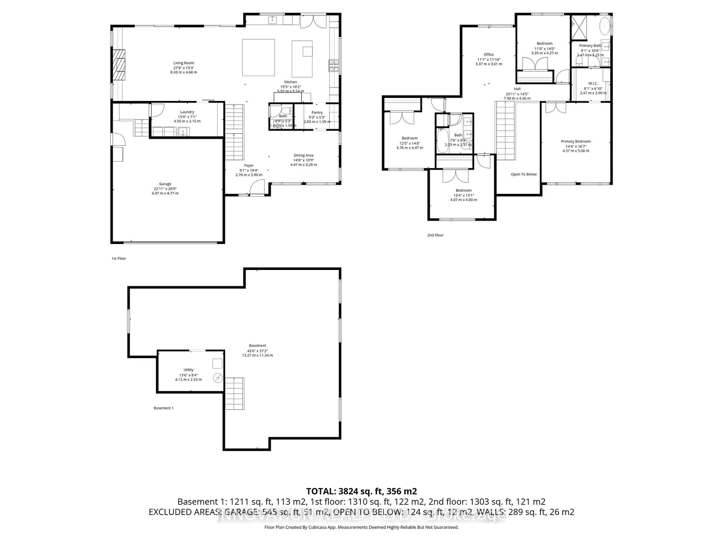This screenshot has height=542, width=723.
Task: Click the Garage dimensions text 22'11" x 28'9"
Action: point(165,189)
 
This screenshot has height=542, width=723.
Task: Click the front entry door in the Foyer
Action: point(257,189)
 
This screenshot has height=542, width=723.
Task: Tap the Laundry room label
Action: point(187,112)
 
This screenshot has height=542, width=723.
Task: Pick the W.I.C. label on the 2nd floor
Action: point(593,84)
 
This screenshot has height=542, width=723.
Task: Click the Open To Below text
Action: point(524,174)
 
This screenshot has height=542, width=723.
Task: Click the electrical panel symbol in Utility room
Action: point(217,378)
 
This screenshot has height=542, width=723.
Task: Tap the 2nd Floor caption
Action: point(435,235)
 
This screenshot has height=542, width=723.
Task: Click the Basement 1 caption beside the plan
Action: point(163,408)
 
